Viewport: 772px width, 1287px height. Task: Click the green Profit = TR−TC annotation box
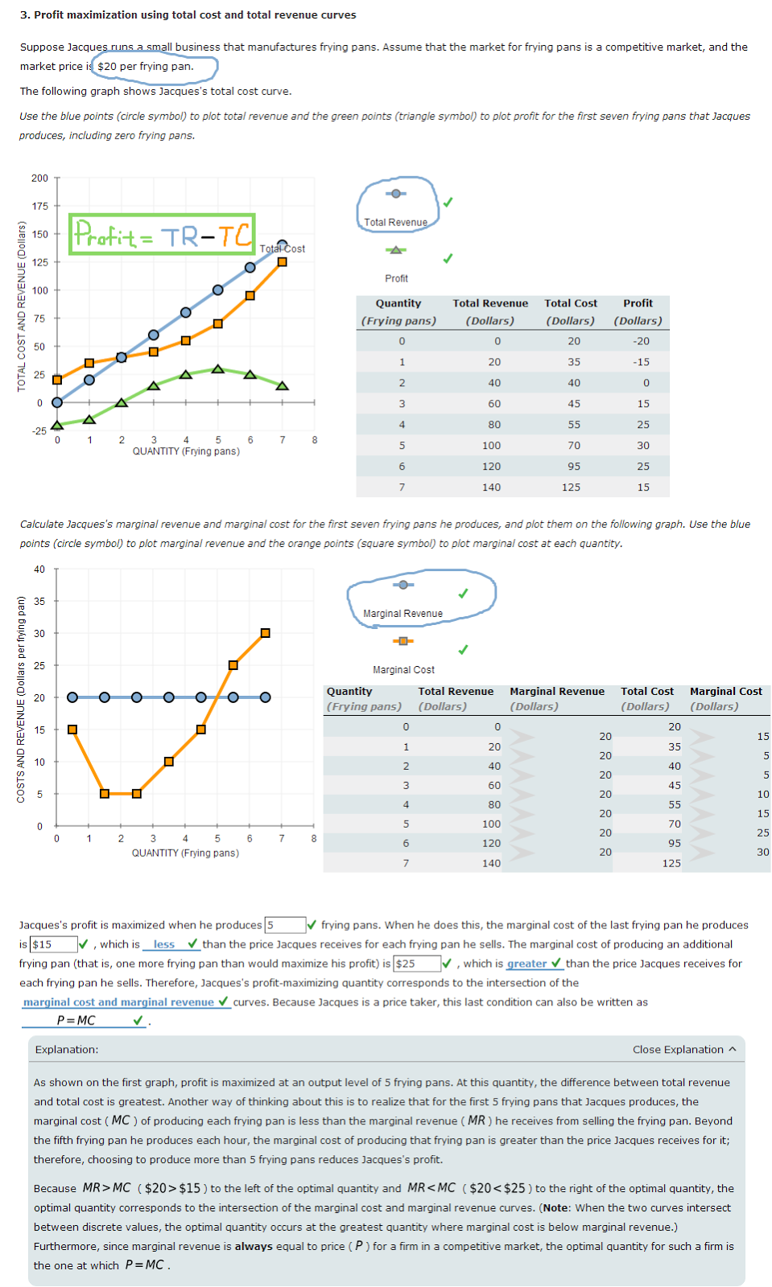[x=162, y=234]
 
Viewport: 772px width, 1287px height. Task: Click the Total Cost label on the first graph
[x=283, y=249]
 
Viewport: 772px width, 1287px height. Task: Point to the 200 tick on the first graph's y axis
[x=39, y=179]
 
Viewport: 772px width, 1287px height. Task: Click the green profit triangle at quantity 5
[x=218, y=369]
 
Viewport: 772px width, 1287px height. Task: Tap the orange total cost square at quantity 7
[x=283, y=261]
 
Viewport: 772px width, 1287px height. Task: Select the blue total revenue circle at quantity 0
[x=57, y=402]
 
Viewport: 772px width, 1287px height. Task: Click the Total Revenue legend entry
[x=395, y=221]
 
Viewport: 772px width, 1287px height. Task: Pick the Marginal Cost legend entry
[x=403, y=669]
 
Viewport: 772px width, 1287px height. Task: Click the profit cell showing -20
[x=641, y=341]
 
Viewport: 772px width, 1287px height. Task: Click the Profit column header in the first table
[x=638, y=303]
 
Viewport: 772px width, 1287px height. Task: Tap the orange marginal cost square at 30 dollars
[x=265, y=633]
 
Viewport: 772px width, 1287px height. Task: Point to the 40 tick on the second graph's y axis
[x=39, y=569]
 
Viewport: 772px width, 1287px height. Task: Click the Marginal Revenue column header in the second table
[x=556, y=691]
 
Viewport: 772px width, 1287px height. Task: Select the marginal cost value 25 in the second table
[x=762, y=833]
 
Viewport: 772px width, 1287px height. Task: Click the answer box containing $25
[x=416, y=964]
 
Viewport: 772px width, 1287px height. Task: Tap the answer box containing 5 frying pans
[x=285, y=925]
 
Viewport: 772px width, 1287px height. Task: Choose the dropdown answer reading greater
[x=526, y=964]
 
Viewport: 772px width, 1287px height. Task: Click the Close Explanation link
[x=683, y=1050]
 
